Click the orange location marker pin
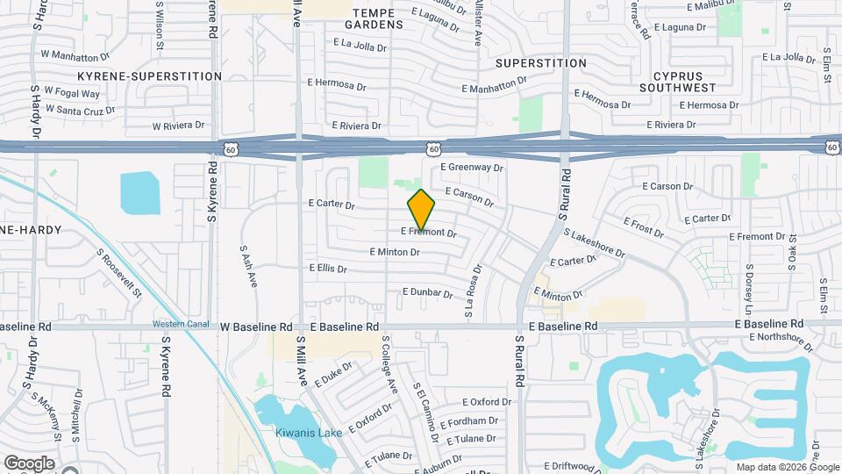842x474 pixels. point(421,210)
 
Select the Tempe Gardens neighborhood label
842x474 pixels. point(378,18)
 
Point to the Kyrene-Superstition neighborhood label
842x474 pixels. point(150,76)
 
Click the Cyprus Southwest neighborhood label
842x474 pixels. point(677,82)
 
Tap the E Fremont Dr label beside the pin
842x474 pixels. point(429,233)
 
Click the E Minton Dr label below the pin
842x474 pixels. point(395,252)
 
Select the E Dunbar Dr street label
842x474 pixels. point(427,291)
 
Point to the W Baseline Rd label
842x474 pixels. point(256,327)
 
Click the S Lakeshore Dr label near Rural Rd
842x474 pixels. point(594,245)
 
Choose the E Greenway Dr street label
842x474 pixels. point(472,167)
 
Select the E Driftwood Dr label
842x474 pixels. point(575,465)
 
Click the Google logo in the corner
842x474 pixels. point(29,463)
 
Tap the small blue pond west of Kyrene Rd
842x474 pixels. point(139,192)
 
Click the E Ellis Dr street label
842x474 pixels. point(328,269)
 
